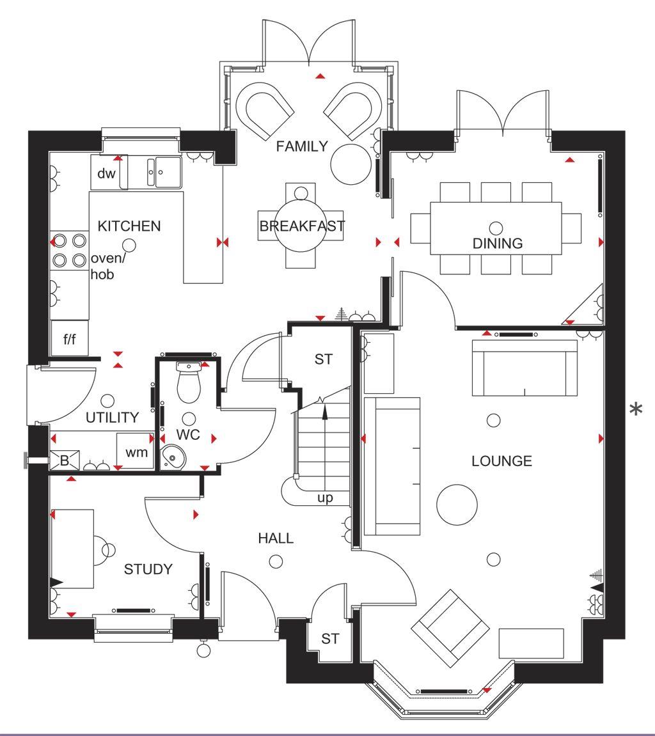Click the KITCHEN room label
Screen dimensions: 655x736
click(129, 226)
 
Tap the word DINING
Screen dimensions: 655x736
click(498, 243)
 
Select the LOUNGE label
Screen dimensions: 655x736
click(501, 460)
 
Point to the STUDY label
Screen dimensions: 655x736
click(148, 569)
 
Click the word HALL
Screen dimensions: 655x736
click(276, 538)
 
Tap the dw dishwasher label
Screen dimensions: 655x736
click(106, 173)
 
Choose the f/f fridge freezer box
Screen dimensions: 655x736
click(69, 338)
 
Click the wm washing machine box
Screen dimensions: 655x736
click(136, 452)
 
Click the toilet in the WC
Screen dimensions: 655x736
click(189, 382)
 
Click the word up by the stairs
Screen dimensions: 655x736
click(326, 498)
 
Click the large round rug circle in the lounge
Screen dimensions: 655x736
click(457, 504)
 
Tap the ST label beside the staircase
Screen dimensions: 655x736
click(324, 359)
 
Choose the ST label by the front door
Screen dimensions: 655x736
click(330, 638)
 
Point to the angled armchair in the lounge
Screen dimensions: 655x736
click(448, 625)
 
